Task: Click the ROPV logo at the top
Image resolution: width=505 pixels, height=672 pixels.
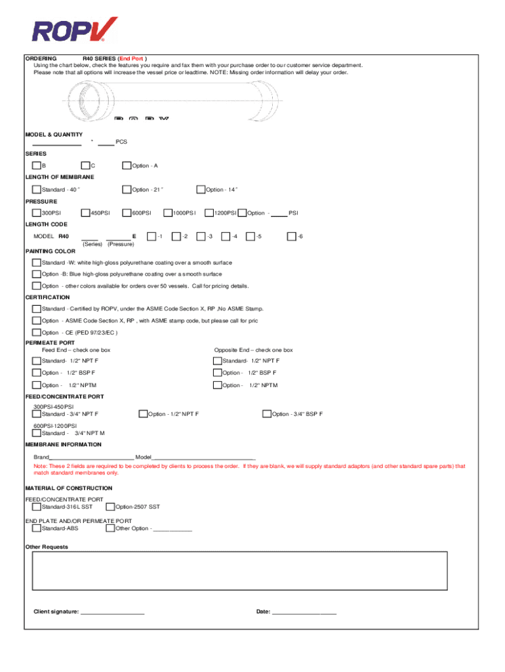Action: click(x=75, y=30)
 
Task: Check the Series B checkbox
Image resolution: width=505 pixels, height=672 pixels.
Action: click(x=37, y=165)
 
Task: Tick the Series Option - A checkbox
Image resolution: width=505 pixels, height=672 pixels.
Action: click(x=127, y=165)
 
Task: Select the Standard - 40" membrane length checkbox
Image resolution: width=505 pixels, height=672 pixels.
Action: click(x=37, y=190)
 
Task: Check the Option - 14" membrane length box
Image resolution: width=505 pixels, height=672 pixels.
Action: click(x=201, y=190)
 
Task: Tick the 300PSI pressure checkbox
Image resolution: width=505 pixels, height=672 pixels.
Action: click(x=37, y=213)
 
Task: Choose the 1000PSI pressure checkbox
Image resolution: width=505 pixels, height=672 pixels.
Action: click(x=168, y=213)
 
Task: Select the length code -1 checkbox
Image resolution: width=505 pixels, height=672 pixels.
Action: click(x=151, y=236)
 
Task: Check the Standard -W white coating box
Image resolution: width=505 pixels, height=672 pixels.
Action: click(x=37, y=262)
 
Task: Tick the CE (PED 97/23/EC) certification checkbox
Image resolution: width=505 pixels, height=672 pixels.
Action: click(x=37, y=332)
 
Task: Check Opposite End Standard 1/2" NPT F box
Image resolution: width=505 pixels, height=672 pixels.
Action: click(x=217, y=361)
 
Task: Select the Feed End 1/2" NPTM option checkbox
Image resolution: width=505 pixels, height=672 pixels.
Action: click(x=37, y=385)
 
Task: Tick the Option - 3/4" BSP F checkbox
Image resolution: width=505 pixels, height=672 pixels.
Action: click(x=267, y=414)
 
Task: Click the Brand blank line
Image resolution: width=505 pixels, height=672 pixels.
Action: click(x=92, y=457)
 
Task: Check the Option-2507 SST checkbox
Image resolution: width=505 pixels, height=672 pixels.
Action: click(x=110, y=507)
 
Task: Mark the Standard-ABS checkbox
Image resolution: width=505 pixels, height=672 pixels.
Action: click(x=37, y=528)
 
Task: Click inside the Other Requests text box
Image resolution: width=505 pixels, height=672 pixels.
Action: click(x=239, y=571)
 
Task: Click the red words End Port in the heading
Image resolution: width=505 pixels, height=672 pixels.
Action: click(x=132, y=58)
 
